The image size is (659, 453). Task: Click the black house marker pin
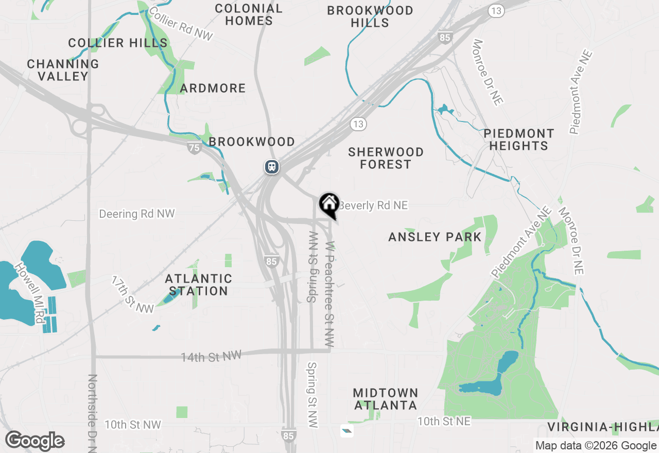[x=329, y=204]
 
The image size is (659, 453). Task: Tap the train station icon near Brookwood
[x=272, y=167]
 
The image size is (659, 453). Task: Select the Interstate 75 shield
[x=194, y=148]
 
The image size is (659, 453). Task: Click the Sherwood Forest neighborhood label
[x=386, y=158]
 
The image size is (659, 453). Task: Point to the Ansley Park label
[x=435, y=237]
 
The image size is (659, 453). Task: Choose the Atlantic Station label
[x=198, y=285]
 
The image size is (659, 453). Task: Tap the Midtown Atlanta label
[x=385, y=399]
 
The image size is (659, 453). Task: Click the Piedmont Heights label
[x=518, y=140]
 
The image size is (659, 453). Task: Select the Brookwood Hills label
[x=370, y=16]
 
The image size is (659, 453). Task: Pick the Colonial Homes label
[x=249, y=14]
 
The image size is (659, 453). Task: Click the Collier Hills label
[x=118, y=43]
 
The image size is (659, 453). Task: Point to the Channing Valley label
[x=63, y=70]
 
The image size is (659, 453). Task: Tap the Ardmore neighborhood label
[x=213, y=88]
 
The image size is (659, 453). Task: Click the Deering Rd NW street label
[x=136, y=213]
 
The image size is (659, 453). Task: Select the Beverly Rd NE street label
[x=373, y=205]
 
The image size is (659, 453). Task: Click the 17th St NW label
[x=132, y=294]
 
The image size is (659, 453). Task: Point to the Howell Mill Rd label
[x=30, y=293]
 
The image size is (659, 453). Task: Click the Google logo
[x=35, y=441]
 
